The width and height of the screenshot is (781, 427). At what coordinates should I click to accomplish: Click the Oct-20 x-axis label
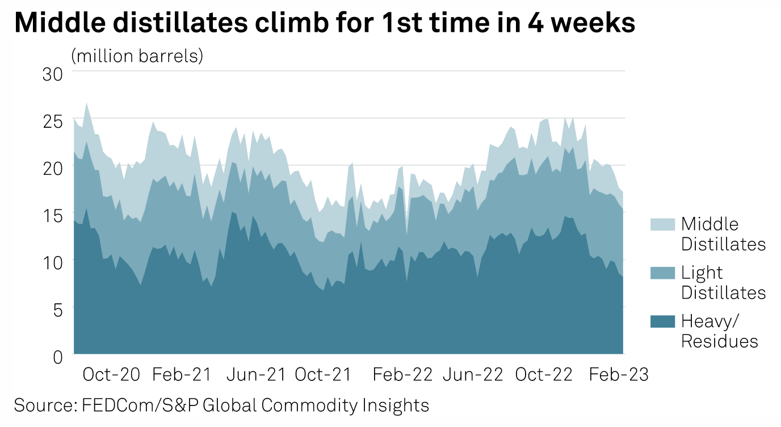(111, 375)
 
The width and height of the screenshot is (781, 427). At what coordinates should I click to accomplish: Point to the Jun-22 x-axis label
(472, 375)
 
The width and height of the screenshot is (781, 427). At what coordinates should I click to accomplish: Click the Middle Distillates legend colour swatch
(662, 224)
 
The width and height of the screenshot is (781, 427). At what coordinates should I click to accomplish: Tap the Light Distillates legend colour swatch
(662, 273)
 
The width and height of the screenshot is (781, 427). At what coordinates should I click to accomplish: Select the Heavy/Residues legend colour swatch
(662, 321)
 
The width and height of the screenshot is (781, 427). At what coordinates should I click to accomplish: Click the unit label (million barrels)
(137, 56)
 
